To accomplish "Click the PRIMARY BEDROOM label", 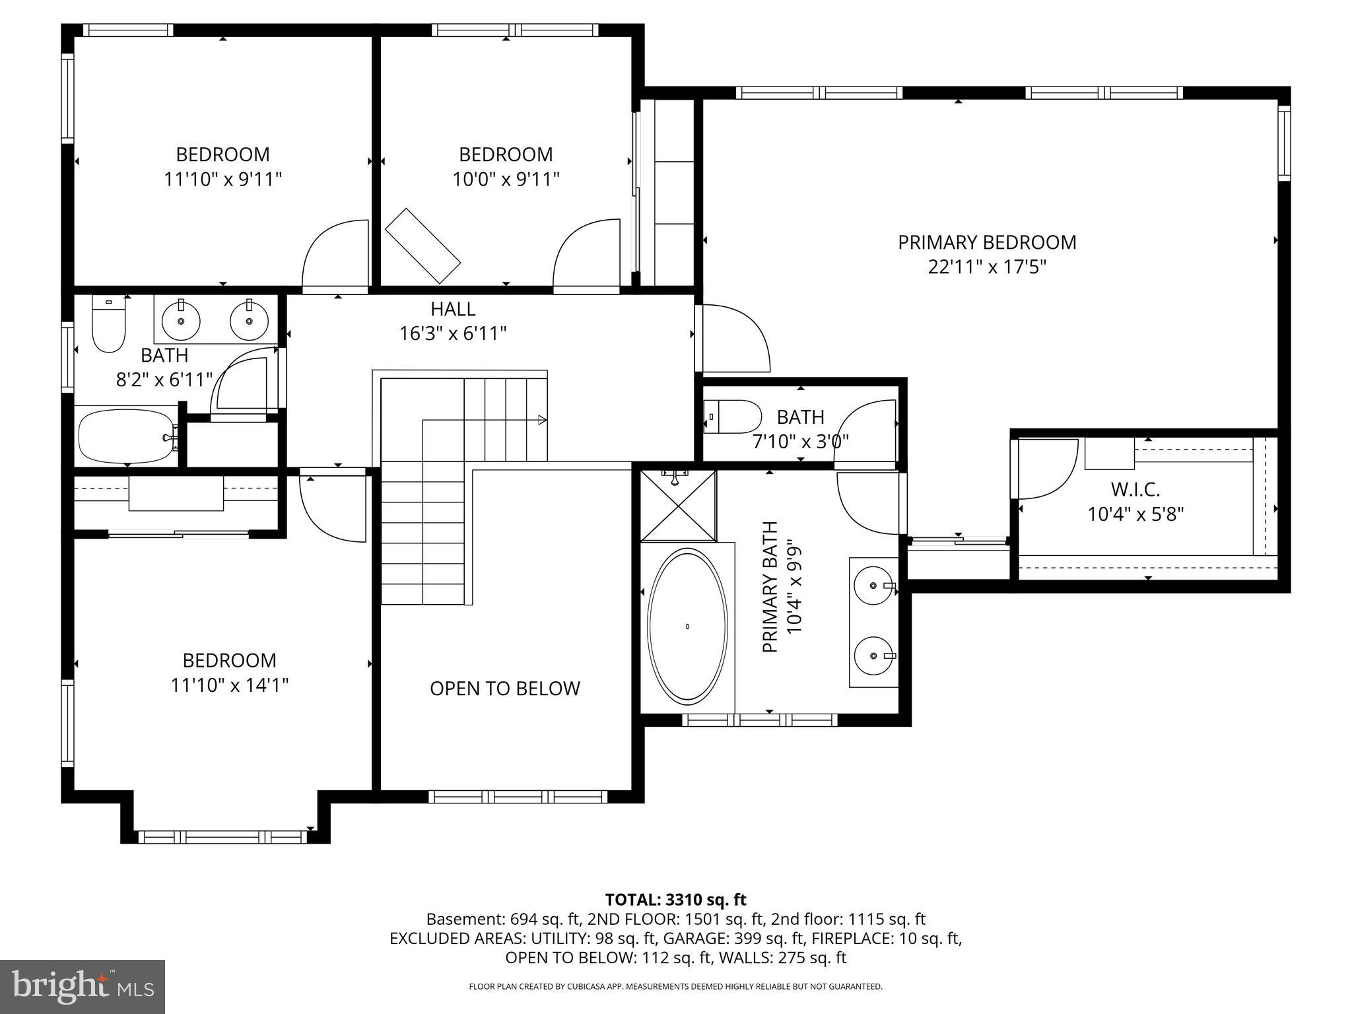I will point(987,242).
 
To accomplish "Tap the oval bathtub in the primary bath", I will point(687,626).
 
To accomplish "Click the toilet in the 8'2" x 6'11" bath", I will point(108,326).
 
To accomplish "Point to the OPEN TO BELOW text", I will point(504,689).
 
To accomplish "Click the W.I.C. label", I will point(1135,490).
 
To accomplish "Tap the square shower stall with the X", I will point(679,505).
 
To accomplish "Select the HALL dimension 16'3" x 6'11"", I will point(453,333).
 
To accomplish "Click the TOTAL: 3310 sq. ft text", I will point(675,899).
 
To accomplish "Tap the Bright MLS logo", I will point(83,986).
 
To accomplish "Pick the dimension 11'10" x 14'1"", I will point(230,685).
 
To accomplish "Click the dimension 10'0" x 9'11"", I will point(506,179).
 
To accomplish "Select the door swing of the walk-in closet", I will point(1043,469).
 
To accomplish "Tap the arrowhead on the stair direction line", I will point(542,419).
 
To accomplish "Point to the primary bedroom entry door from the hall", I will point(733,338).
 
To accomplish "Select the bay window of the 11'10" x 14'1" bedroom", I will point(222,836).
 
